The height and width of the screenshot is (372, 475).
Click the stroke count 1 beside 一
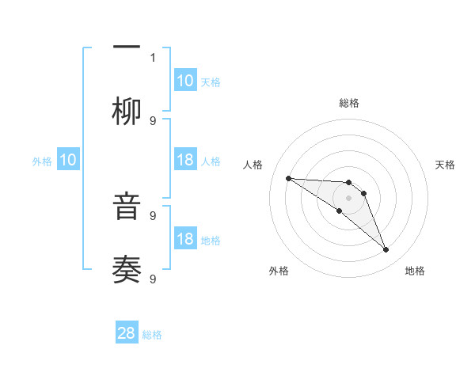coord(153,57)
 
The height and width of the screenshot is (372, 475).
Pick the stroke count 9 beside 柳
coord(153,120)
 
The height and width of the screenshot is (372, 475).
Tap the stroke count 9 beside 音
coord(153,215)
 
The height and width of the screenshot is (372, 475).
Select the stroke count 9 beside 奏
coord(153,279)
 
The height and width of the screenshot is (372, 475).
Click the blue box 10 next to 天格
coord(185,81)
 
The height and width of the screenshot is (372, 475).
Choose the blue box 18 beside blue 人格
coord(185,160)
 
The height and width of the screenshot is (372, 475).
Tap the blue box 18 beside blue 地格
coord(185,239)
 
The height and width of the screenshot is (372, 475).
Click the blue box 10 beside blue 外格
coord(68,160)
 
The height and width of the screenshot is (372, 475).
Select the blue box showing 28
coord(127,333)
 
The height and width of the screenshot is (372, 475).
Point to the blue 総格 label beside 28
coord(152,335)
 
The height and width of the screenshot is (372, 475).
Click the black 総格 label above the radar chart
coord(348,103)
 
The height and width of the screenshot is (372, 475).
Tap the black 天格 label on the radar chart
coord(446,165)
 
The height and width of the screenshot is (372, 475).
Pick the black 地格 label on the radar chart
coord(415,271)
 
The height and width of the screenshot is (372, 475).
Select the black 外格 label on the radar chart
coord(279,271)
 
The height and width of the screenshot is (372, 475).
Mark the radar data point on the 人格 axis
coord(288,178)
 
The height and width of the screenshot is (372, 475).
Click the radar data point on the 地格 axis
coord(386,249)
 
